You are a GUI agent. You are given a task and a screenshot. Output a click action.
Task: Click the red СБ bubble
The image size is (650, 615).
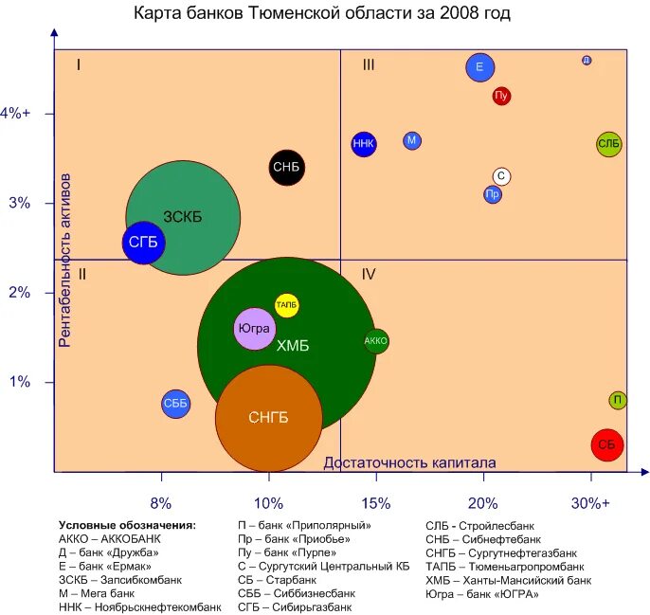coord(607,444)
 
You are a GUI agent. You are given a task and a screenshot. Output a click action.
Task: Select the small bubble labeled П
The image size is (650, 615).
coord(617,401)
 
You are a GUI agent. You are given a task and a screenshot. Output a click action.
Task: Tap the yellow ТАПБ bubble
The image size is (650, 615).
coord(287,305)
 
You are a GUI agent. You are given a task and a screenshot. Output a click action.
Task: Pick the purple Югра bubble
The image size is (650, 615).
coord(254,329)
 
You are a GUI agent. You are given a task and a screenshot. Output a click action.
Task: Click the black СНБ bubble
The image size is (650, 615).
coord(286,168)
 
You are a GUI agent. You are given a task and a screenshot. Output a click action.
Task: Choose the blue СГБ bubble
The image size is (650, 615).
coord(144,243)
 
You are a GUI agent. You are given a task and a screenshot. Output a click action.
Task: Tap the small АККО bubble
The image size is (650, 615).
coord(376,341)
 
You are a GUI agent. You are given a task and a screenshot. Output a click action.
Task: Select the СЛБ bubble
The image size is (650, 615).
coord(609,144)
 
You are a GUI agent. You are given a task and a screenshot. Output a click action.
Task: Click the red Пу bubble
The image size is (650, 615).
coord(502,96)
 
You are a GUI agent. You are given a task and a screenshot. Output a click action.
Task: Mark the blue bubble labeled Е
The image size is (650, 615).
coord(480,67)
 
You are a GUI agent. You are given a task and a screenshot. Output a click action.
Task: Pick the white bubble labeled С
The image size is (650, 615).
coord(502,176)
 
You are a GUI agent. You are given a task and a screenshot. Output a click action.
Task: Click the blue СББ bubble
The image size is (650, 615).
coord(175,404)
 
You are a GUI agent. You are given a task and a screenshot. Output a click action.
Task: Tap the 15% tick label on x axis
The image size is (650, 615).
coord(376,503)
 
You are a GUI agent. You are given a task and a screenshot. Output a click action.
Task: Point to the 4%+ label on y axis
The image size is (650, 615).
coord(16,113)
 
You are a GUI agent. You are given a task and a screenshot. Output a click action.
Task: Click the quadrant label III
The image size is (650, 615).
coord(369,64)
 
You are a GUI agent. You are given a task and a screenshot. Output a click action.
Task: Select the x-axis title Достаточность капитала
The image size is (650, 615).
coord(409,462)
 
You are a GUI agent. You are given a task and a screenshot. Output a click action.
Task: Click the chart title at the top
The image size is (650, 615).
coord(321,14)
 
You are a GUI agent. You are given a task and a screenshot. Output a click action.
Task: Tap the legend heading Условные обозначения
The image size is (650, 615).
coord(127,525)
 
